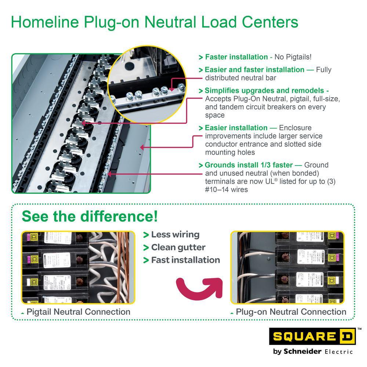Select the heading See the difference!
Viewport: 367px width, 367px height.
coord(90,217)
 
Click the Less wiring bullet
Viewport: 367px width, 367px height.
coord(175,235)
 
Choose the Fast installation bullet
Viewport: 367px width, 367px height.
coord(185,260)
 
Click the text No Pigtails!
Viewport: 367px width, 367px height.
coord(293,57)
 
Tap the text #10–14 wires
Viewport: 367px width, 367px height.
coord(226,189)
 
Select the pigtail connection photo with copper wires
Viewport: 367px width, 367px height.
coord(78,268)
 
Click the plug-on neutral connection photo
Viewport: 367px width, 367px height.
coord(287,268)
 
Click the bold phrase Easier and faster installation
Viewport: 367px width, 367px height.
coord(254,69)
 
